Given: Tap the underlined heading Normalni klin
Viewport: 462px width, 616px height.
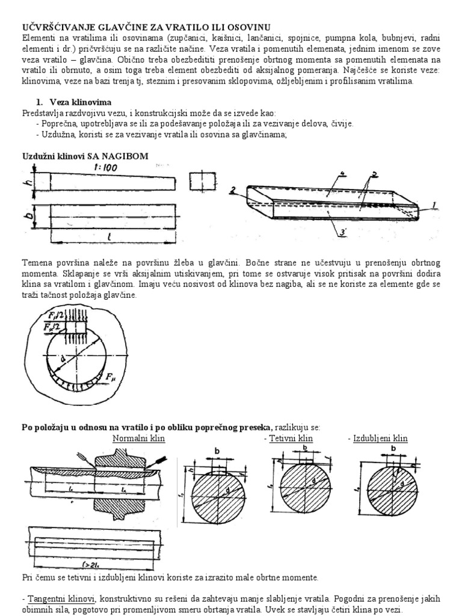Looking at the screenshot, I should coord(138,439).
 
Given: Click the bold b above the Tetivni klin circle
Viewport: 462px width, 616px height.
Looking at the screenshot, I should coord(306,448).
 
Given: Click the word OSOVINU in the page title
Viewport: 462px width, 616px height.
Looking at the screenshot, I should coord(247,26).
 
